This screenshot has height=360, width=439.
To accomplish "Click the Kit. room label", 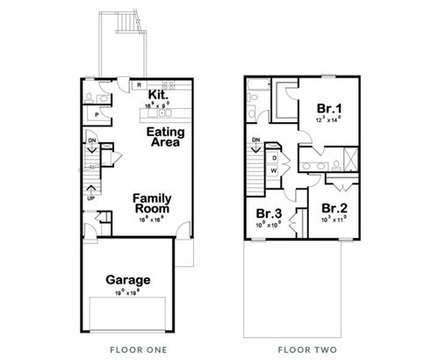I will coord(159,94).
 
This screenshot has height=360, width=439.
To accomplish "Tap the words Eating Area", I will coord(164,137).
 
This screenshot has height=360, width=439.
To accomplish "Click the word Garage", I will coord(128,280).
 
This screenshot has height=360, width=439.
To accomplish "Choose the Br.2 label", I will coord(333,208).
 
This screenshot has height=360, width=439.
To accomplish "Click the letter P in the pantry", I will coord(95,114).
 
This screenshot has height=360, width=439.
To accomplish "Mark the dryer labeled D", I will coord(274,158).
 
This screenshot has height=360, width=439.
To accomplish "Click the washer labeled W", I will coord(274,170).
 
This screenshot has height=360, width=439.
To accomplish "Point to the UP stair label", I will coord(90,198).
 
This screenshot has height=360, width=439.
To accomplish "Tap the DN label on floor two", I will coord(255,140).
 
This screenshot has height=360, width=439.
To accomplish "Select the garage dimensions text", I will coord(128,292).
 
